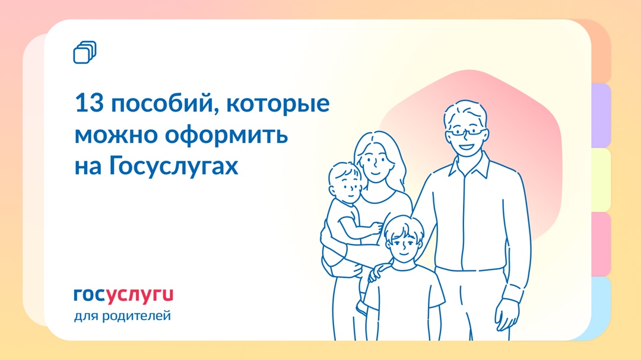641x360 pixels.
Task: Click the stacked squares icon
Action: point(85,52)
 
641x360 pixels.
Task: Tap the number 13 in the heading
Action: point(88,104)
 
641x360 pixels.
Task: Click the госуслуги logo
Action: point(123,295)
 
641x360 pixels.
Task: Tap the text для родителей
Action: point(122,316)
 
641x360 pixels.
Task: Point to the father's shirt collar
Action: point(468,163)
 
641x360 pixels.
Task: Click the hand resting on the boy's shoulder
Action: point(376,273)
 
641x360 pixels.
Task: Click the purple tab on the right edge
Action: point(601,115)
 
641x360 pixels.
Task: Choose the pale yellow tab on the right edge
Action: point(601,179)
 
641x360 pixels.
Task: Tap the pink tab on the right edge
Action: point(601,244)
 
